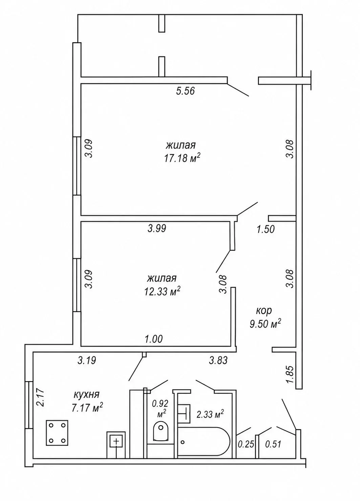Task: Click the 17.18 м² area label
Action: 182,158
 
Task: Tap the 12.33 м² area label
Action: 162,292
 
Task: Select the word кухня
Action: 86,394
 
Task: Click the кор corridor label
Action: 264,311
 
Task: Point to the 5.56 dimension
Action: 186,91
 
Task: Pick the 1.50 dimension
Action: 266,230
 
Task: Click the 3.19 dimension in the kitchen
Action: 87,360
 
